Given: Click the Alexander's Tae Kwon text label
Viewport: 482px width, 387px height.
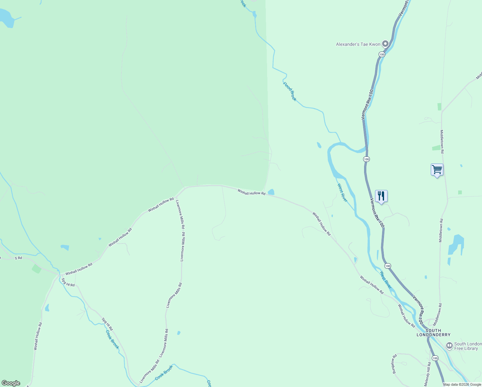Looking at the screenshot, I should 358,44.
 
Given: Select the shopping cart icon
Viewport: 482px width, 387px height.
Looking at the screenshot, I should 437,169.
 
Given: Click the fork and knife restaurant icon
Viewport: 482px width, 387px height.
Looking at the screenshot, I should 381,196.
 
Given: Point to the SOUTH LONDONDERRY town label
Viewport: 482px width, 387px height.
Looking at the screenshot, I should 433,332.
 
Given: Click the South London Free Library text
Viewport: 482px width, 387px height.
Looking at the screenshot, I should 468,346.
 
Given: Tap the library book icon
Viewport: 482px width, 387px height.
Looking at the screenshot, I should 449,346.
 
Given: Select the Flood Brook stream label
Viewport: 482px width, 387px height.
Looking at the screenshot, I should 290,92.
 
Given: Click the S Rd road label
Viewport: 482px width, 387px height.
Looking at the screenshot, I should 18,258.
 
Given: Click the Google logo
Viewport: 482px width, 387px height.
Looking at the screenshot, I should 11,383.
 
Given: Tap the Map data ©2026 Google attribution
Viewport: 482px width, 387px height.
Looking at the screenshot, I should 462,384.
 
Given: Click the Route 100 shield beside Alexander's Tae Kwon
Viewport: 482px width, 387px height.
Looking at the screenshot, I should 382,55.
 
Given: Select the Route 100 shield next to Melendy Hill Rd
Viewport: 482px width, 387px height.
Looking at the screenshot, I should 435,358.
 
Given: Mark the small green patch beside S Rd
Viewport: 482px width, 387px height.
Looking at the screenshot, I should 36,269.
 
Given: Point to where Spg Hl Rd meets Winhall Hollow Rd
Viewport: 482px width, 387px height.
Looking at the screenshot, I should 59,275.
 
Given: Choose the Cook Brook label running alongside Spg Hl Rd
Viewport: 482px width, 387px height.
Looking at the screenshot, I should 112,339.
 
